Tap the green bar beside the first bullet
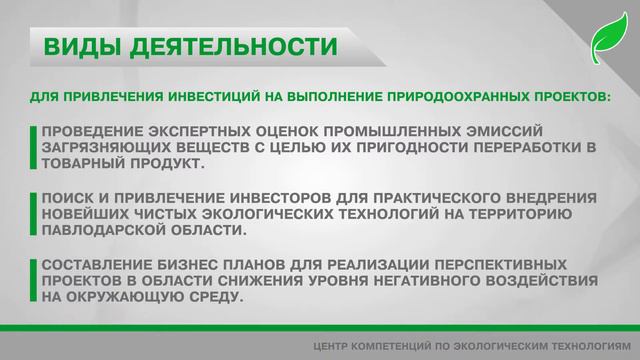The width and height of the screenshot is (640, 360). [x=36, y=147]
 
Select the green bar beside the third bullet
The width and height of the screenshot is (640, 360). [x=36, y=281]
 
